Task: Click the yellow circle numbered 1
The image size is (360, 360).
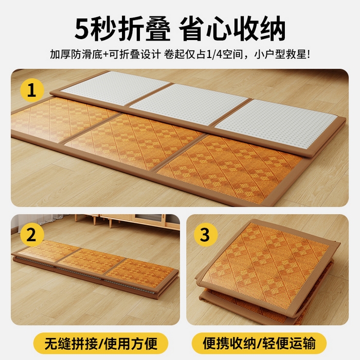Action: click(x=32, y=90)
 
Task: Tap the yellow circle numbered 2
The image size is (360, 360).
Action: click(x=32, y=235)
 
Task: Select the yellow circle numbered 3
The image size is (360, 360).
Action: click(x=206, y=235)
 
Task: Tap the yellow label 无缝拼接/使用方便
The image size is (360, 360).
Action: click(x=101, y=344)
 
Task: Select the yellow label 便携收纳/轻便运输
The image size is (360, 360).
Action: click(x=259, y=344)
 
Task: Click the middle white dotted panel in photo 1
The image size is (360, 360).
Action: click(x=189, y=104)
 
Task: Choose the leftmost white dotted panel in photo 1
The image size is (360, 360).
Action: click(x=115, y=88)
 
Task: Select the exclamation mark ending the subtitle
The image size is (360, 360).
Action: click(x=308, y=55)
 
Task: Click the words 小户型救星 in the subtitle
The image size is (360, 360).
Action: click(x=280, y=55)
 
